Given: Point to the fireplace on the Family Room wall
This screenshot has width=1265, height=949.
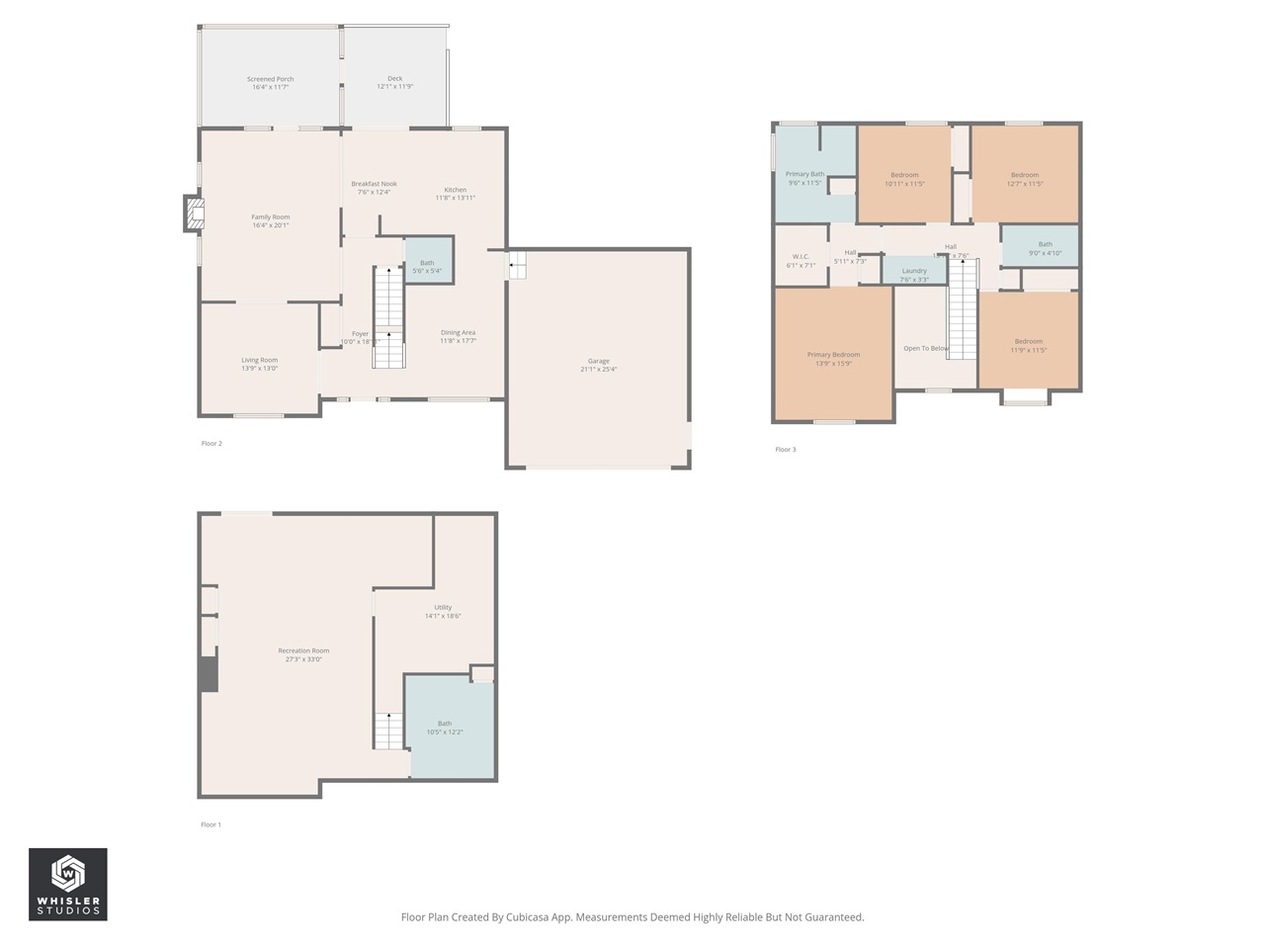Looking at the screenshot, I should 195,215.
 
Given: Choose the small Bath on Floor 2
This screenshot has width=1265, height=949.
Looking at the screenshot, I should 428,262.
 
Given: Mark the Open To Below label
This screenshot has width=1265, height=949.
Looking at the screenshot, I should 926,349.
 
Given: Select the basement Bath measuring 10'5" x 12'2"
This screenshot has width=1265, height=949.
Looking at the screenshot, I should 445,727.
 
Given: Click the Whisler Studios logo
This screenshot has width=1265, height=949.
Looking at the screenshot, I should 68,885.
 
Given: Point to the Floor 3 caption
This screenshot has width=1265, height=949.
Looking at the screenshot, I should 785,450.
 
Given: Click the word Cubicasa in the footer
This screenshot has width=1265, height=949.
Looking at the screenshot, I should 529,917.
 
